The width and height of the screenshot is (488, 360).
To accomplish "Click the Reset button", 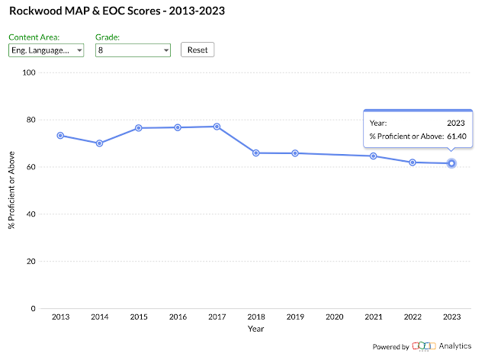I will coord(198,50).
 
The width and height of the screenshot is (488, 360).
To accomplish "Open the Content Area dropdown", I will coord(46,50).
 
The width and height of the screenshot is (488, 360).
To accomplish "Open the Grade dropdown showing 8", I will coord(133,50).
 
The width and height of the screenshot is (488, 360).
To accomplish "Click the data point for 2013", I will coord(60,135).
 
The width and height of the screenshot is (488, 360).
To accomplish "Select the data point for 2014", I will coord(99,143).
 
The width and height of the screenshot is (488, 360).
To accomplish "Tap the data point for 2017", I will coord(217,127).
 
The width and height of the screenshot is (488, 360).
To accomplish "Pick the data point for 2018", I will coord(256,153).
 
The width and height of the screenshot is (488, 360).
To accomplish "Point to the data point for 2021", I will coord(374,156).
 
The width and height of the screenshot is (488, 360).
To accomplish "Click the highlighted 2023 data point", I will coord(451,163).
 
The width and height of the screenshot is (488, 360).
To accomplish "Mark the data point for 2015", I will coord(139,128).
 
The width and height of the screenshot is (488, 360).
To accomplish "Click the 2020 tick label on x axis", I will coord(334,317).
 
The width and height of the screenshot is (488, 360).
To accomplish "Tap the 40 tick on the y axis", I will coord(31,214).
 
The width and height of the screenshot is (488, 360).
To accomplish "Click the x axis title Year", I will coord(256,329).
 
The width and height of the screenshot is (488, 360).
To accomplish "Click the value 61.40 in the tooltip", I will coord(456,137).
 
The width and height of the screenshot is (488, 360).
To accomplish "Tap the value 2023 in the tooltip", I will coord(456,122).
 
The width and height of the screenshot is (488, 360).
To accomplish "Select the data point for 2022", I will coord(413,162).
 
